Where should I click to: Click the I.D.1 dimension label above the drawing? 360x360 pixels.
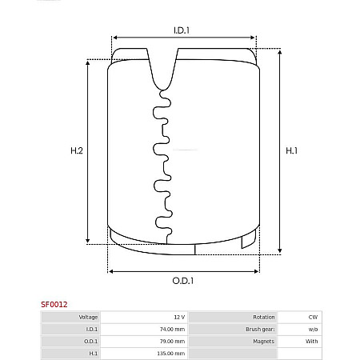click(182, 30)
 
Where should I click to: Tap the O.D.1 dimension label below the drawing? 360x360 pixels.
click(183, 281)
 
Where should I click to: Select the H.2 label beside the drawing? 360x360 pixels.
click(77, 150)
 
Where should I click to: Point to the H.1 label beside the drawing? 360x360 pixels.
click(291, 150)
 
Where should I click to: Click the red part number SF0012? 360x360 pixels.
click(54, 304)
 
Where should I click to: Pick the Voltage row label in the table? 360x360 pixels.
click(88, 317)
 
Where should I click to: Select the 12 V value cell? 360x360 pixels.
click(179, 317)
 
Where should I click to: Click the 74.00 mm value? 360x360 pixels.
click(172, 330)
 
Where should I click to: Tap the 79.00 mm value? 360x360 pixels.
click(172, 342)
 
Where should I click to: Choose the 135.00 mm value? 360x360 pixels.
click(171, 354)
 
